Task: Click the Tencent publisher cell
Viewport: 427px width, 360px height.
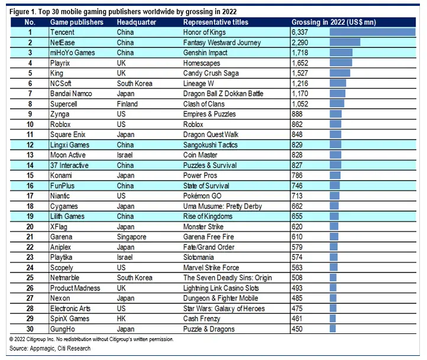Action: pyautogui.click(x=62, y=32)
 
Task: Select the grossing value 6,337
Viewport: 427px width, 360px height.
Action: pyautogui.click(x=300, y=32)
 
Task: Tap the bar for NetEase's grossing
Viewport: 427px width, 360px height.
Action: pyautogui.click(x=345, y=42)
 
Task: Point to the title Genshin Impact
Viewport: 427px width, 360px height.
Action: pyautogui.click(x=205, y=53)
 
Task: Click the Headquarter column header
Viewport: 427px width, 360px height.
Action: pyautogui.click(x=137, y=22)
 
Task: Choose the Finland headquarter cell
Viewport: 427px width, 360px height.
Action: pyautogui.click(x=127, y=104)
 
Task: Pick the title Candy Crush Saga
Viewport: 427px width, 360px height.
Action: pyautogui.click(x=211, y=73)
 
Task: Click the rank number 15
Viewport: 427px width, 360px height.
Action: pyautogui.click(x=30, y=176)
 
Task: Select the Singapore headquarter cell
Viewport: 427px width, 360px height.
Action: pyautogui.click(x=131, y=237)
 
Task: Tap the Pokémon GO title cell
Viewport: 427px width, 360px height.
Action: pyautogui.click(x=202, y=196)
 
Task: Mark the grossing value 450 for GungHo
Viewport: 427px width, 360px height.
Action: pyautogui.click(x=297, y=329)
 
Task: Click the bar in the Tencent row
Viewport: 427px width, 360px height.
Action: pyautogui.click(x=373, y=32)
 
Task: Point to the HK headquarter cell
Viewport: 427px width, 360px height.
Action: pyautogui.click(x=121, y=319)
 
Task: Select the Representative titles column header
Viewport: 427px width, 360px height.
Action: pyautogui.click(x=216, y=22)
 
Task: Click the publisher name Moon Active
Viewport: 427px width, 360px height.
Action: pyautogui.click(x=68, y=155)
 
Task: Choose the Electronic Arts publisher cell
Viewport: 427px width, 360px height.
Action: pyautogui.click(x=70, y=309)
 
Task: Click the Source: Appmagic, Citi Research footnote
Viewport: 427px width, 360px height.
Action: pyautogui.click(x=50, y=348)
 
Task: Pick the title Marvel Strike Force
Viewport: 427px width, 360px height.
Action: pyautogui.click(x=211, y=268)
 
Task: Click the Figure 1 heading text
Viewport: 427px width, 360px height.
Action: pyautogui.click(x=123, y=12)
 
